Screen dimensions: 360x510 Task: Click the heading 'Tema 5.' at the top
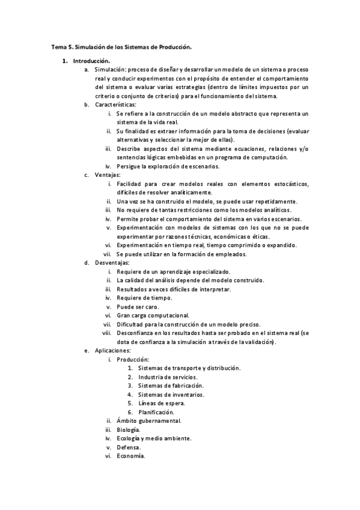pos(62,46)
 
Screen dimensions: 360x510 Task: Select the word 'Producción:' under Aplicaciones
pos(133,359)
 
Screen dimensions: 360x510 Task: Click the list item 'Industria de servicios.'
pos(167,376)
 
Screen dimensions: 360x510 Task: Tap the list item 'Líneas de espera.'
pos(161,403)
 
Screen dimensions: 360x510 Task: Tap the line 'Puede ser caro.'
pos(138,306)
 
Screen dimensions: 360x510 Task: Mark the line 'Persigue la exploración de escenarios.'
pos(168,166)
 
